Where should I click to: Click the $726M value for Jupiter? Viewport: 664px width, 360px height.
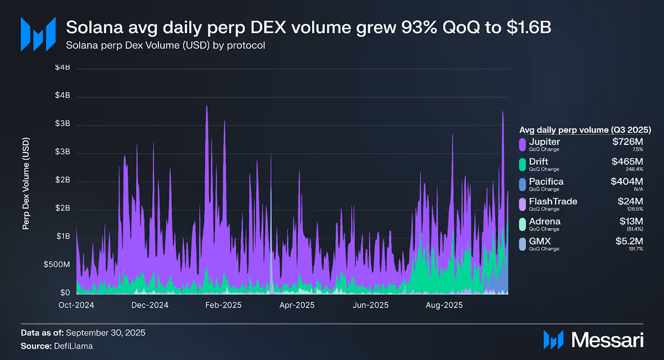tap(627, 142)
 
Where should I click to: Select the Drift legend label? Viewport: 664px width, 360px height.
tap(538, 161)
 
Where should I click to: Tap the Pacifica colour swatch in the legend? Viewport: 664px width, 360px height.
tap(522, 185)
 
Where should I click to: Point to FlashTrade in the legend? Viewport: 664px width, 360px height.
tap(553, 201)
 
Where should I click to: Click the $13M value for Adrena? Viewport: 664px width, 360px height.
tap(631, 221)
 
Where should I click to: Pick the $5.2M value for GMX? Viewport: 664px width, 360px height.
tap(629, 241)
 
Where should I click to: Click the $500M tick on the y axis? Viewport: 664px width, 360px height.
tap(56, 264)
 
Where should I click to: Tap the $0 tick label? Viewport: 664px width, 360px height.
tap(65, 293)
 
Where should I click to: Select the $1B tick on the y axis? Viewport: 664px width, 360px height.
tap(63, 236)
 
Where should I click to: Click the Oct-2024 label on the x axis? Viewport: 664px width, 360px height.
tap(76, 305)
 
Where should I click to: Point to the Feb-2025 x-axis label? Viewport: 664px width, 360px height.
tap(223, 305)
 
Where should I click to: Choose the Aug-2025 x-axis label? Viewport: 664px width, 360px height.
tap(444, 305)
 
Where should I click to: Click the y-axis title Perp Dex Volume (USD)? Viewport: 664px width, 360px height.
tap(26, 184)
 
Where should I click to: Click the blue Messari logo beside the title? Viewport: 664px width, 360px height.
tap(38, 34)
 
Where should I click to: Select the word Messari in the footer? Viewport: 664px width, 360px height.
tap(608, 340)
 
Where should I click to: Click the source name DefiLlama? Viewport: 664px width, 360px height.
tap(73, 346)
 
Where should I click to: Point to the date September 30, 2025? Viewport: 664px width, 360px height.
tap(106, 333)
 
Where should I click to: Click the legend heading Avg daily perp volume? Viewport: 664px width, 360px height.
tap(564, 130)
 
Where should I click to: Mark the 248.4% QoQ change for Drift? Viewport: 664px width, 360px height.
tap(634, 169)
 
